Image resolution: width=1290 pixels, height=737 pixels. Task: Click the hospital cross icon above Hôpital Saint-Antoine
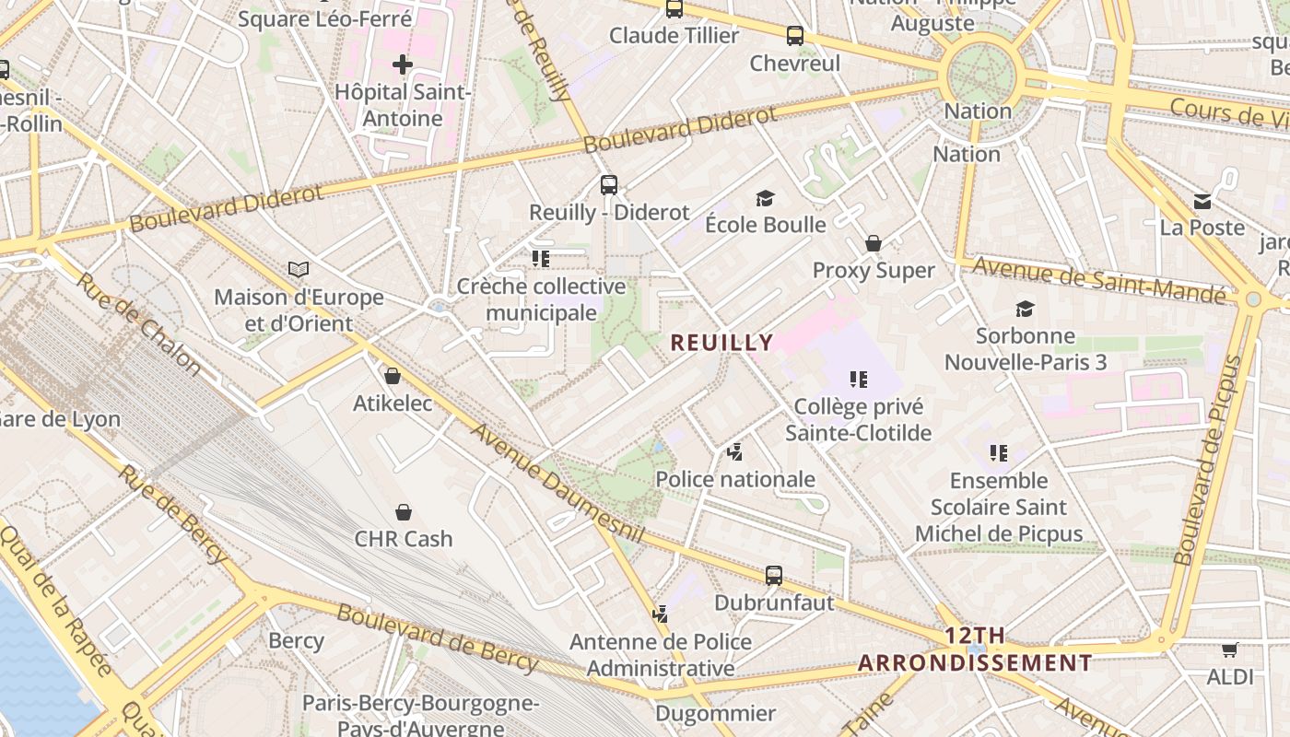click(402, 64)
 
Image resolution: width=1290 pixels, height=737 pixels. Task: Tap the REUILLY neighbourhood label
click(721, 343)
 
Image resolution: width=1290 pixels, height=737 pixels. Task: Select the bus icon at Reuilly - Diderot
click(608, 184)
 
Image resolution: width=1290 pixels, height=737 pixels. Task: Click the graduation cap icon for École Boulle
click(765, 198)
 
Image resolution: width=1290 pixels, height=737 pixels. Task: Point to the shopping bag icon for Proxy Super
click(873, 243)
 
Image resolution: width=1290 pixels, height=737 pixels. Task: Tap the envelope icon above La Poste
click(1202, 201)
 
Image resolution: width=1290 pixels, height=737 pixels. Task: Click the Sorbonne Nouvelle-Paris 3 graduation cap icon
click(1025, 309)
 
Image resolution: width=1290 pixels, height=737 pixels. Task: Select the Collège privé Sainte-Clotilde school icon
click(859, 379)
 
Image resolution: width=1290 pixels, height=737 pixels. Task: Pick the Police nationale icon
click(734, 451)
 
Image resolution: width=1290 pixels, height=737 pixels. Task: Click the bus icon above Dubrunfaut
click(774, 576)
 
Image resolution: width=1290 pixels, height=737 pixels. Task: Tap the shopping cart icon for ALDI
click(1229, 650)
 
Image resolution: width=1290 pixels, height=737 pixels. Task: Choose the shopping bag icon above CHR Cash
click(403, 512)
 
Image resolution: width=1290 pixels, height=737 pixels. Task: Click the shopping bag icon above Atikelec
click(393, 376)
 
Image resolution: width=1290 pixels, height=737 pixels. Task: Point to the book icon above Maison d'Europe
click(299, 269)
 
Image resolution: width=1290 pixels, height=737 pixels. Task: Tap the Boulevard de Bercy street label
click(437, 637)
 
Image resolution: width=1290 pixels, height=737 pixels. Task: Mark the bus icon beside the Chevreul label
click(794, 36)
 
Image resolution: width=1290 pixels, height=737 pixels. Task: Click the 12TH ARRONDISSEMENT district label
click(975, 649)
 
